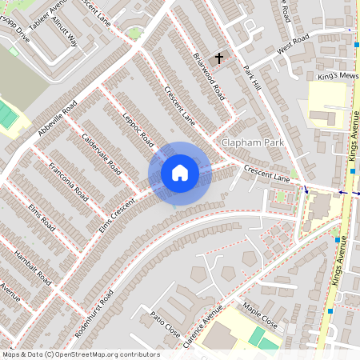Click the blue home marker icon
[180, 172]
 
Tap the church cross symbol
[219, 58]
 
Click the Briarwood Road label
[210, 76]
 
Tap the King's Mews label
[336, 74]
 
